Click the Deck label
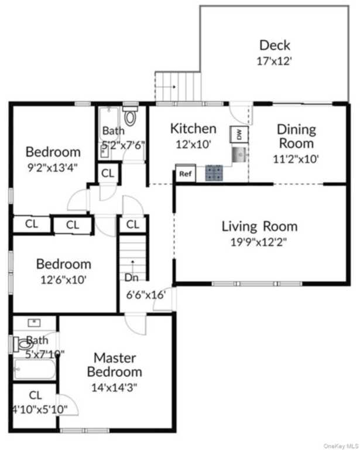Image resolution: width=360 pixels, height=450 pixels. [x=275, y=45]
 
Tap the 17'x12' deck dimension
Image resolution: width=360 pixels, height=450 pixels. [x=275, y=61]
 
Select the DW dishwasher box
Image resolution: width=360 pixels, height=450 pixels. [x=239, y=134]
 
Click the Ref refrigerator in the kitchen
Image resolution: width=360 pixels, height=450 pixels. [x=186, y=173]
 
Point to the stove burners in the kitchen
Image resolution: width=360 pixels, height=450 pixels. [x=214, y=173]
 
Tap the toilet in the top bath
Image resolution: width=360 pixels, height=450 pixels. [x=130, y=115]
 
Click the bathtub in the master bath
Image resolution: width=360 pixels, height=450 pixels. [x=35, y=369]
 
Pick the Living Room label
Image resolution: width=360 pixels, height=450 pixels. [x=260, y=226]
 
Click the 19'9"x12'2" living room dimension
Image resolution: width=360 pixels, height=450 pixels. [x=259, y=243]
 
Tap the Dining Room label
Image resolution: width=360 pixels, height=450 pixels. [x=296, y=137]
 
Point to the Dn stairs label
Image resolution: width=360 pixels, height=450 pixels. [x=132, y=277]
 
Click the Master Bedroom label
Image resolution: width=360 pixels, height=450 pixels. [x=115, y=365]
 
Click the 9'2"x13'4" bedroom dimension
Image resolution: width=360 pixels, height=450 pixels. [x=53, y=168]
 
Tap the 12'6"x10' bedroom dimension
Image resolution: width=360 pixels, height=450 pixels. [x=63, y=279]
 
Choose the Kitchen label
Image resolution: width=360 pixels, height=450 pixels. [x=193, y=128]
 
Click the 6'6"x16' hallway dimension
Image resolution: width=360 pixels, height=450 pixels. [x=146, y=295]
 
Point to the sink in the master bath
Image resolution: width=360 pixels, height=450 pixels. [x=34, y=323]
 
